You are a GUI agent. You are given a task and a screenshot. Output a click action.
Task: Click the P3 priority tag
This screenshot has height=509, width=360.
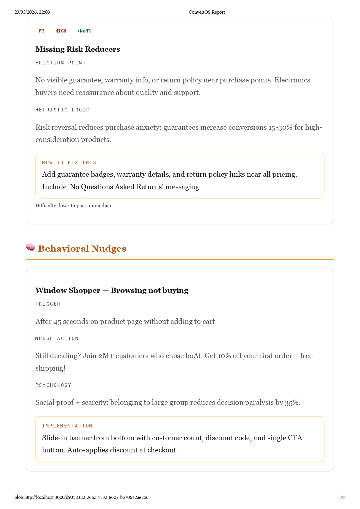click(x=42, y=31)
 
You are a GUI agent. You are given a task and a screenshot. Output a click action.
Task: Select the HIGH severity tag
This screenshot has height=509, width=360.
click(x=61, y=31)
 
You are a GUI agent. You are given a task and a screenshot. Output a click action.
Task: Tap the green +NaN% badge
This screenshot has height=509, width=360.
click(x=84, y=31)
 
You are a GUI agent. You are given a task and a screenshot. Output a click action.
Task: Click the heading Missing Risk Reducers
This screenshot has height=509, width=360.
click(x=78, y=49)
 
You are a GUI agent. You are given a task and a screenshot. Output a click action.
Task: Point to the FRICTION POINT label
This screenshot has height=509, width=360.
click(x=60, y=63)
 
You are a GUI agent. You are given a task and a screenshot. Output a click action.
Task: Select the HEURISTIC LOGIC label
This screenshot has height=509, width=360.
click(x=62, y=110)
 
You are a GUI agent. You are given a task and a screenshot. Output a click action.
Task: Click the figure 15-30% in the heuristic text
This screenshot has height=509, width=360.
click(x=280, y=127)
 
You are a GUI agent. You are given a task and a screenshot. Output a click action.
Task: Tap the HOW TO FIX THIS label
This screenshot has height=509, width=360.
click(x=69, y=163)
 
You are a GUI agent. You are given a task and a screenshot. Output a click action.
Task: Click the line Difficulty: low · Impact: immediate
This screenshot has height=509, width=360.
click(x=74, y=206)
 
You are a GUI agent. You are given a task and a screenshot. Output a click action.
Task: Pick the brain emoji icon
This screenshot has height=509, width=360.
click(x=30, y=248)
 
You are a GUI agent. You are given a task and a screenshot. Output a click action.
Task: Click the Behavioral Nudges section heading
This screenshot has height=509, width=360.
click(x=82, y=249)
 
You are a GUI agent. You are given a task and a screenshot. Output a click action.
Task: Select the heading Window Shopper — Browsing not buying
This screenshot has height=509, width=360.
click(x=112, y=290)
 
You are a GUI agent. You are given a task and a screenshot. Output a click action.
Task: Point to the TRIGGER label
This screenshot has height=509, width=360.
click(x=48, y=304)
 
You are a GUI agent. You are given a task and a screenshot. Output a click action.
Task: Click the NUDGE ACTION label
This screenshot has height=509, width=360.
click(x=57, y=339)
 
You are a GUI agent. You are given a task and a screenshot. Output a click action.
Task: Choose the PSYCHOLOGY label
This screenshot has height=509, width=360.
click(x=53, y=385)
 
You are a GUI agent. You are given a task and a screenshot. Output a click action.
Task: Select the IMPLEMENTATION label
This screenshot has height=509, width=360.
click(x=67, y=426)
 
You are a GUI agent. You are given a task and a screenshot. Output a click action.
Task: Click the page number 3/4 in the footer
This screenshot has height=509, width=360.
click(x=342, y=497)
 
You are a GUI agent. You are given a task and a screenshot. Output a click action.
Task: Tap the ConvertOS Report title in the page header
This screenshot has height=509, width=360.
click(x=207, y=12)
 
